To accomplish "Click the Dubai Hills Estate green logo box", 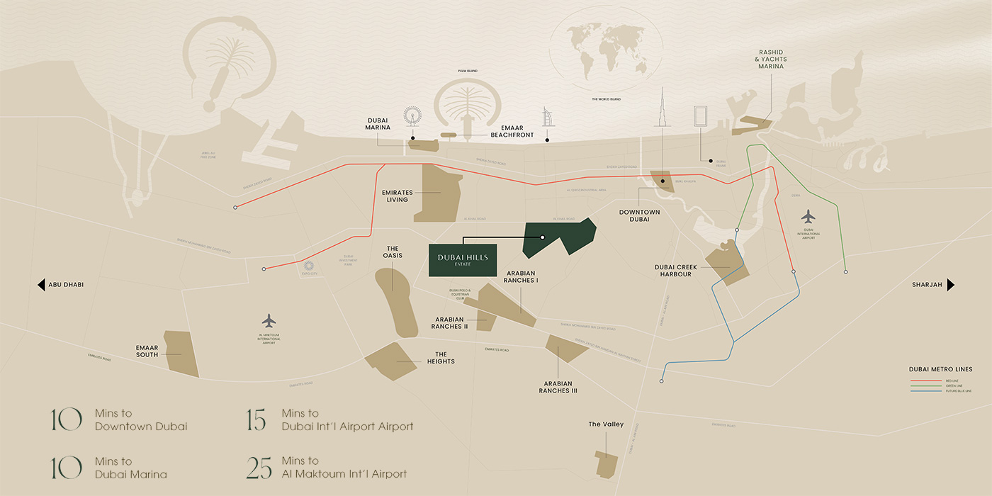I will tap(463, 260).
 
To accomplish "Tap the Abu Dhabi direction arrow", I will tap(42, 285).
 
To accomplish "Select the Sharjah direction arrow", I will tap(951, 285).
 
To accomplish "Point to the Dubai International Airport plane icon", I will tap(808, 216).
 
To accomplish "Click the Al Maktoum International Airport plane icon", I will tap(269, 321).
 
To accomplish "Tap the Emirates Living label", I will tap(397, 196).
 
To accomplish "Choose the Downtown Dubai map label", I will tap(639, 215).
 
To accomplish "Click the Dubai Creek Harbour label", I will tap(675, 271).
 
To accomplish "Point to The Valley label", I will tap(606, 424).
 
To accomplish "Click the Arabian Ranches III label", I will tap(558, 387).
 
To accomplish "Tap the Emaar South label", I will tap(147, 351).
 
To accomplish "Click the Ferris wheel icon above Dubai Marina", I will tap(412, 117).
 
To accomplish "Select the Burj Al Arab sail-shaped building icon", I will tap(547, 117).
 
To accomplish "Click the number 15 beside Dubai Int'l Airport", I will tap(255, 420).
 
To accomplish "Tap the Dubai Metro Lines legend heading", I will tap(940, 369).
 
